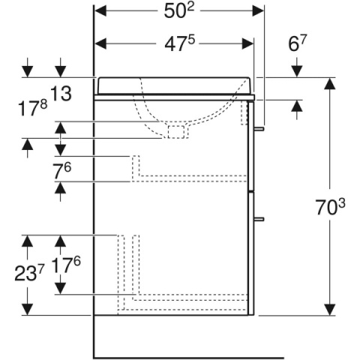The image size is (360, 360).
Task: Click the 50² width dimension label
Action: click(179, 11)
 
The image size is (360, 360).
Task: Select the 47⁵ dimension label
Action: click(179, 44)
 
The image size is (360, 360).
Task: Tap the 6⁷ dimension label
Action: click(297, 43)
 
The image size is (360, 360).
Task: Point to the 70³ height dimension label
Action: click(330, 207)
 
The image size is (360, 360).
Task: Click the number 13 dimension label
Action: click(61, 94)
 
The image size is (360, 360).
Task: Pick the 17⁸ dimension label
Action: click(32, 109)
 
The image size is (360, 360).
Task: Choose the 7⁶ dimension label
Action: click(62, 171)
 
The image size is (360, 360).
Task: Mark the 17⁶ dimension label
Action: click(66, 265)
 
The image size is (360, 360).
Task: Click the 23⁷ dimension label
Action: click(29, 273)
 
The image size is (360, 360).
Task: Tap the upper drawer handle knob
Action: click(259, 128)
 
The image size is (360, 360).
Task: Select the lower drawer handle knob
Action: click(259, 219)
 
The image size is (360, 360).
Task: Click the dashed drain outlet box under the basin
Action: click(176, 132)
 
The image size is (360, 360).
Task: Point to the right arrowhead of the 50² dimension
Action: click(258, 11)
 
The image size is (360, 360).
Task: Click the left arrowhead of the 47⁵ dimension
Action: click(100, 44)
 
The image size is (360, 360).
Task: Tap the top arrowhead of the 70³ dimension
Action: click(330, 83)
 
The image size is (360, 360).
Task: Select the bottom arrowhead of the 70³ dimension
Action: click(330, 309)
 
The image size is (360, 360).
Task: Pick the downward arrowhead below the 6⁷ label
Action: click(297, 71)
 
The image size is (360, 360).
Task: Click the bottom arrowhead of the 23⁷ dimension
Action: click(27, 309)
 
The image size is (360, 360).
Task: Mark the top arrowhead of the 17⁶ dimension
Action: click(60, 241)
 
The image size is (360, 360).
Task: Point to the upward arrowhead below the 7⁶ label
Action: click(60, 188)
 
